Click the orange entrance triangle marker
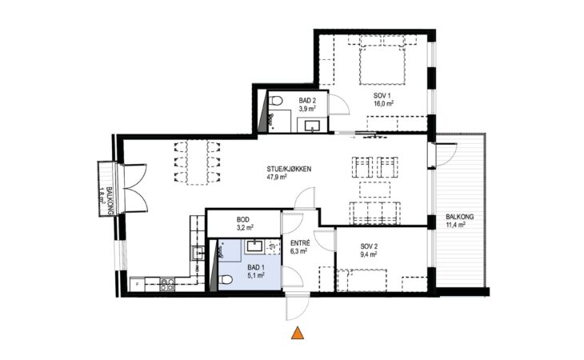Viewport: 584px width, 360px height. click(x=298, y=333)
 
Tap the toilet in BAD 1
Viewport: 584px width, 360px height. click(x=226, y=279)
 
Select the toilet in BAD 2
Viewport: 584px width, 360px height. click(x=275, y=101)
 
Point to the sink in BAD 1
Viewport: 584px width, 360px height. click(x=255, y=246)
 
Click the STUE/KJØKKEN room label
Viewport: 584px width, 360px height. click(x=289, y=169)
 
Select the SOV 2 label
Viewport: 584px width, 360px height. click(x=369, y=246)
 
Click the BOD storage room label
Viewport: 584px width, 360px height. click(x=243, y=220)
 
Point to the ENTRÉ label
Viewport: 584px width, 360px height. click(x=300, y=243)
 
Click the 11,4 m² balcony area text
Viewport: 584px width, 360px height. click(x=455, y=225)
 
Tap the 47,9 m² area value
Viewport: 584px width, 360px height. click(x=276, y=177)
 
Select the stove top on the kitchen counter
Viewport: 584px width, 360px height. click(x=167, y=284)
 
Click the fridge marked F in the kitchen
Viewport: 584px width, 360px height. click(x=137, y=285)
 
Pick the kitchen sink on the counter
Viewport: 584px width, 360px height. click(x=198, y=253)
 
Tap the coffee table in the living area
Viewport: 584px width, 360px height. click(x=374, y=190)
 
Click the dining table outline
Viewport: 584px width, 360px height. click(x=197, y=162)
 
